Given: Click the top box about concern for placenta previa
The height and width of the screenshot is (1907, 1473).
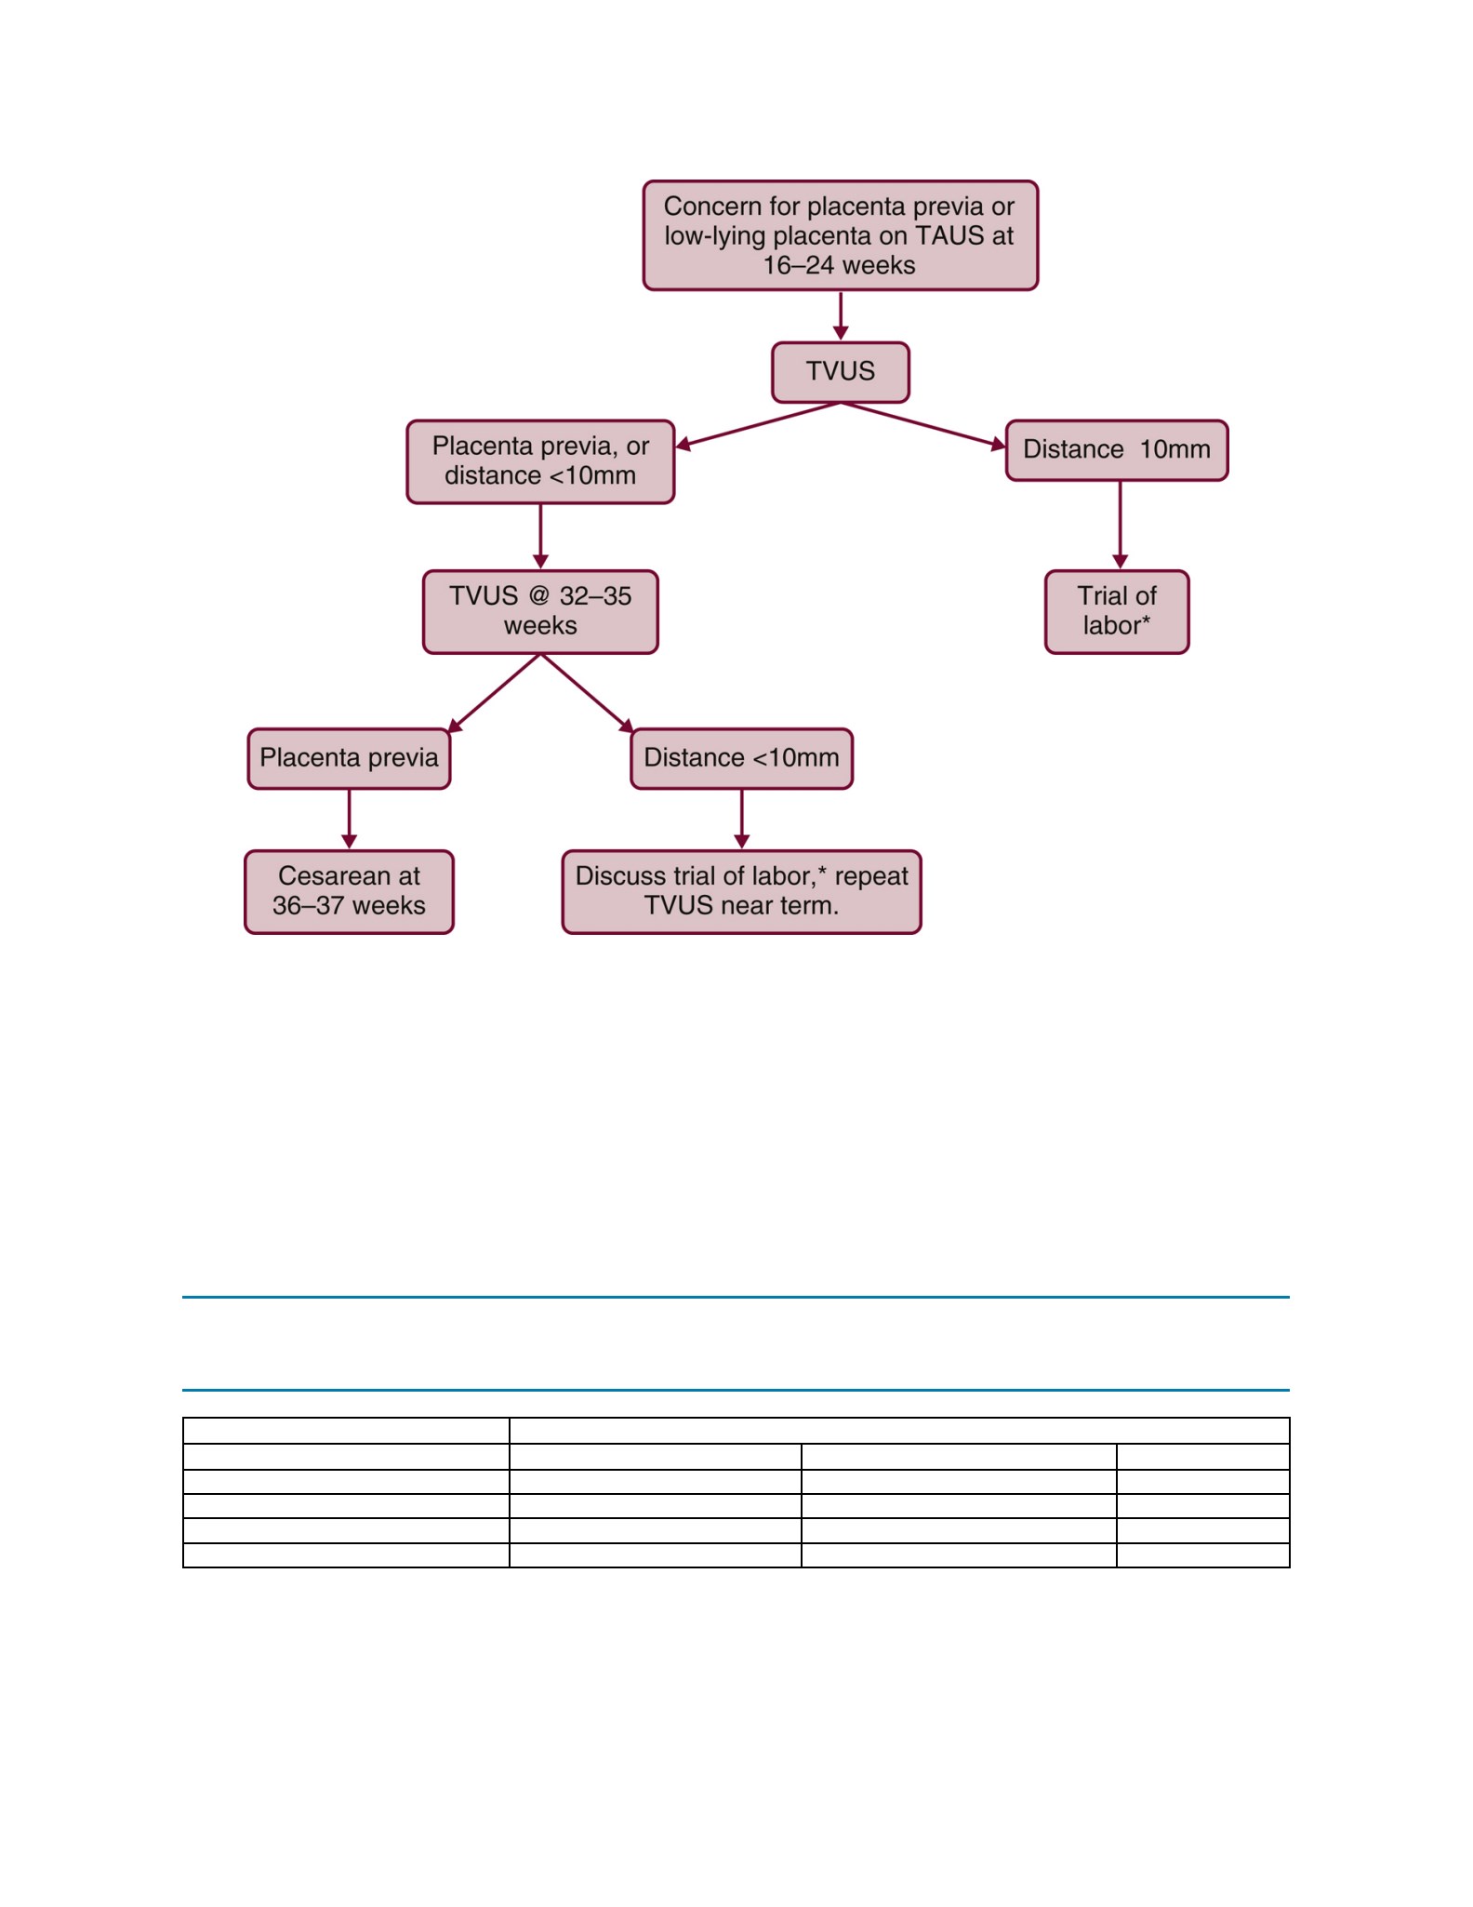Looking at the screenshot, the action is pyautogui.click(x=841, y=235).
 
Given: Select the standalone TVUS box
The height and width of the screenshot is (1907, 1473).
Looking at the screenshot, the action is pyautogui.click(x=841, y=372).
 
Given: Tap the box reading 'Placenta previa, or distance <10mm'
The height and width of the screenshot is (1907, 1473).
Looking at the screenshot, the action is pyautogui.click(x=540, y=461).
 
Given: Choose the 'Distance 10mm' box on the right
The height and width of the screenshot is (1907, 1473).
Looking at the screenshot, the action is pyautogui.click(x=1117, y=450).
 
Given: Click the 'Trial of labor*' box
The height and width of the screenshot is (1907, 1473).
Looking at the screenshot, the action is pyautogui.click(x=1117, y=612).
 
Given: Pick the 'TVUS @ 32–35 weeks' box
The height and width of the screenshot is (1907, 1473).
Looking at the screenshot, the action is pyautogui.click(x=540, y=612).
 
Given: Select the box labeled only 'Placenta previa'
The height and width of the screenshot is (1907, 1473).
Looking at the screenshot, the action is pyautogui.click(x=349, y=758).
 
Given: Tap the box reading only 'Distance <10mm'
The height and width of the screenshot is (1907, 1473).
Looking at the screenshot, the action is pyautogui.click(x=741, y=758).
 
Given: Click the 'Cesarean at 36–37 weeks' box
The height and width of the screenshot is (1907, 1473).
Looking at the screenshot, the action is pyautogui.click(x=349, y=891).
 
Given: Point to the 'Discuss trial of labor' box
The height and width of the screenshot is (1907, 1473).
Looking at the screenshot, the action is pyautogui.click(x=741, y=891).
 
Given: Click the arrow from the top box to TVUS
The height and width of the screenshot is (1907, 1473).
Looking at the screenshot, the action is pyautogui.click(x=841, y=316).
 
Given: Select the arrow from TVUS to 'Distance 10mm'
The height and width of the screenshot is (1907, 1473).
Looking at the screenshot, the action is pyautogui.click(x=923, y=425).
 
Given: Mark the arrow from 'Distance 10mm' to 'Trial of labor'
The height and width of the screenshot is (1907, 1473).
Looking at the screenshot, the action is pyautogui.click(x=1120, y=526).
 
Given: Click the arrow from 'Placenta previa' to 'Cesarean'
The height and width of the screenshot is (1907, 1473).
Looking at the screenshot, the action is pyautogui.click(x=349, y=820).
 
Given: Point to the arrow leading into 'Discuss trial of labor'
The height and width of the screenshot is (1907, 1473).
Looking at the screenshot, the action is pyautogui.click(x=741, y=820).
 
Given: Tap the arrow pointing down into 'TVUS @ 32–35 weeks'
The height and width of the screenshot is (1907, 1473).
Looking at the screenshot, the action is pyautogui.click(x=540, y=537).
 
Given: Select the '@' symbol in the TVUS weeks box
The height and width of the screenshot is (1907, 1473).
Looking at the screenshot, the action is pyautogui.click(x=538, y=596).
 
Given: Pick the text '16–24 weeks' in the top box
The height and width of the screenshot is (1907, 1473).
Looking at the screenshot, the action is pyautogui.click(x=839, y=266).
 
